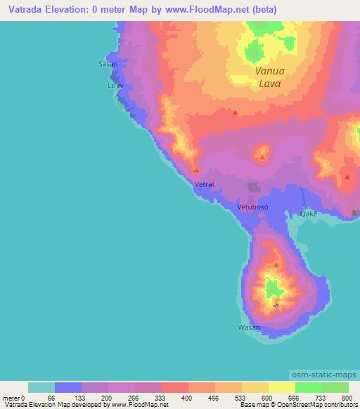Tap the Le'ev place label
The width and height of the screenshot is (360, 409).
[x=115, y=86]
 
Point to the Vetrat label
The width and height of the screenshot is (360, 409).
[x=204, y=184]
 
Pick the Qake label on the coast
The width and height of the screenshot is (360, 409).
[x=309, y=213]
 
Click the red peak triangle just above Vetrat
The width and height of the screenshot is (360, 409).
[x=196, y=170]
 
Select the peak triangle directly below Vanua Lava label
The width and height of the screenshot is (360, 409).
[x=236, y=112]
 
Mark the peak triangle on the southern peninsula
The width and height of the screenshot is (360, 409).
[x=276, y=265]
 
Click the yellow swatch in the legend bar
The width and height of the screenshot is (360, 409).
[x=282, y=387]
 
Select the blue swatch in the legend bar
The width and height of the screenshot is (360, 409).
[x=68, y=387]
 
